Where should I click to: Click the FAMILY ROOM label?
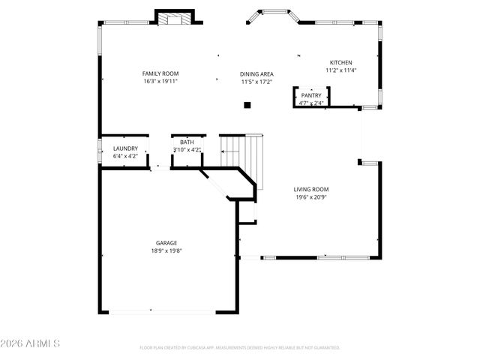click(x=160, y=73)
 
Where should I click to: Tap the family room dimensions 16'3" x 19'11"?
click(x=160, y=82)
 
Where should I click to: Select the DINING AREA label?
click(x=256, y=74)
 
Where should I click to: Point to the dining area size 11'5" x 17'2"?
click(x=256, y=82)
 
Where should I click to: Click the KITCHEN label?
click(x=341, y=62)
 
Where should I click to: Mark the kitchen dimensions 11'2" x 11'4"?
click(x=341, y=70)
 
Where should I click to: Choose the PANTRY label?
click(x=311, y=95)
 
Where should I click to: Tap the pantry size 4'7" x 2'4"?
click(x=311, y=103)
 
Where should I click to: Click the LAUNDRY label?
click(x=125, y=148)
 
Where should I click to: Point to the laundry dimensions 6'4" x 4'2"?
click(x=125, y=156)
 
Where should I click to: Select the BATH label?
click(x=186, y=142)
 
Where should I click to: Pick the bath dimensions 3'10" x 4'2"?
click(x=187, y=149)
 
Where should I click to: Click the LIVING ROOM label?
click(x=311, y=190)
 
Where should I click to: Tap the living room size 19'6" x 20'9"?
click(x=311, y=197)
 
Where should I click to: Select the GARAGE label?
click(x=166, y=243)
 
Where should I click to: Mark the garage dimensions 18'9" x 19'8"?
click(x=166, y=250)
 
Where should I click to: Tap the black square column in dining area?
click(x=247, y=105)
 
